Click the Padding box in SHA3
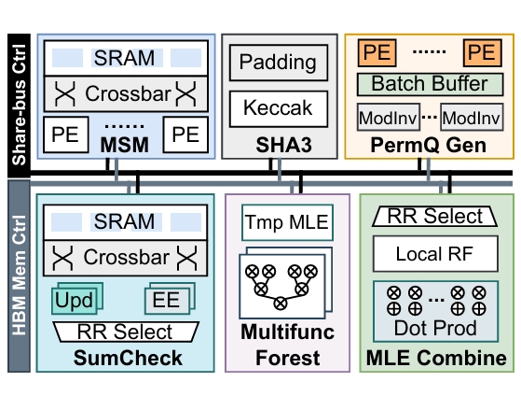point(279,63)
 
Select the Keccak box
point(279,108)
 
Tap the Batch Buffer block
point(430,84)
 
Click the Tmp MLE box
point(287,222)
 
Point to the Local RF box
point(435,254)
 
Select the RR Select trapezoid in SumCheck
point(126,332)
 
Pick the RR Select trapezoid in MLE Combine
point(435,217)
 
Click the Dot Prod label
point(435,328)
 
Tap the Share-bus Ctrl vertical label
point(19,105)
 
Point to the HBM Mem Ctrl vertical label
point(19,276)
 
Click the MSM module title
point(125,145)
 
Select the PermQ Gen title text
point(429,145)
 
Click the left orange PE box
point(377,52)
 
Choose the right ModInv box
point(472,118)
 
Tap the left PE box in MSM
point(66,134)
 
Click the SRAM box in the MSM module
point(126,58)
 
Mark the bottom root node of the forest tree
point(281,304)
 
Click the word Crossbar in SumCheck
point(127,257)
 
